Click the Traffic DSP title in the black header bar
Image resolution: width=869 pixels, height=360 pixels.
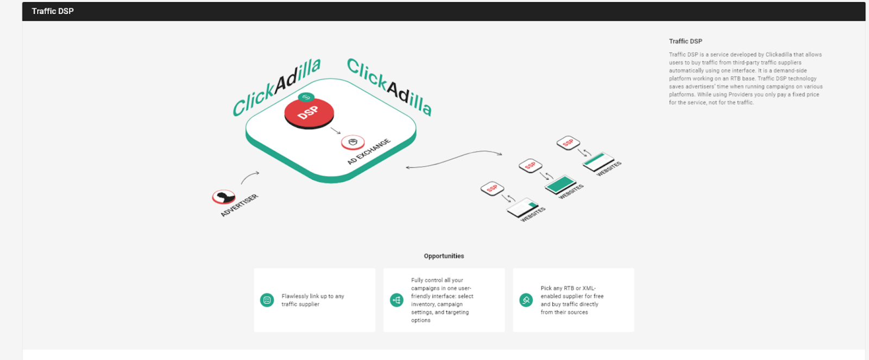click(52, 11)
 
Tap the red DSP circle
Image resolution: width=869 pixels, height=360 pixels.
click(309, 112)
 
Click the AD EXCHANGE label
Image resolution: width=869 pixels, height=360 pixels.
click(369, 151)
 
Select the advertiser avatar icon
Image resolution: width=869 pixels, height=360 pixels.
click(223, 197)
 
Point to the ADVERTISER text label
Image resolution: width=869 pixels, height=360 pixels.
click(239, 205)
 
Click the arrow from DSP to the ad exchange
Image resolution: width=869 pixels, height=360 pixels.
click(336, 131)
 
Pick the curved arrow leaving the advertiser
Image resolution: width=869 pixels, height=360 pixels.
click(249, 177)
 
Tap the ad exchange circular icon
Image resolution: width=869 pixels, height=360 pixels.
click(352, 142)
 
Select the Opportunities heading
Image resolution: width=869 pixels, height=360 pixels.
click(444, 256)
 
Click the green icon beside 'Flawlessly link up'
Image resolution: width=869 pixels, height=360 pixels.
click(267, 300)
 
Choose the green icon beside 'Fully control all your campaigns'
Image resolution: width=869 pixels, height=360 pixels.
click(396, 300)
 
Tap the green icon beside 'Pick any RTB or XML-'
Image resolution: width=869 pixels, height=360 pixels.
click(526, 300)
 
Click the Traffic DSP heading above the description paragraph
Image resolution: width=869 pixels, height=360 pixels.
click(685, 41)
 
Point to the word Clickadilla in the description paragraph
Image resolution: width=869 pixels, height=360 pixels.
click(779, 55)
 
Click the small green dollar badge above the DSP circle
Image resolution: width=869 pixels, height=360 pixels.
click(306, 97)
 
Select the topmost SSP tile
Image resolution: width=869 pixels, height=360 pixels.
click(568, 143)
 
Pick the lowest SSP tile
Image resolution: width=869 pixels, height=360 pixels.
click(492, 188)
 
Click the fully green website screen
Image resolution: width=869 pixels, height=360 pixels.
click(560, 184)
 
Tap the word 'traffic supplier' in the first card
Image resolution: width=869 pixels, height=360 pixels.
click(300, 304)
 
